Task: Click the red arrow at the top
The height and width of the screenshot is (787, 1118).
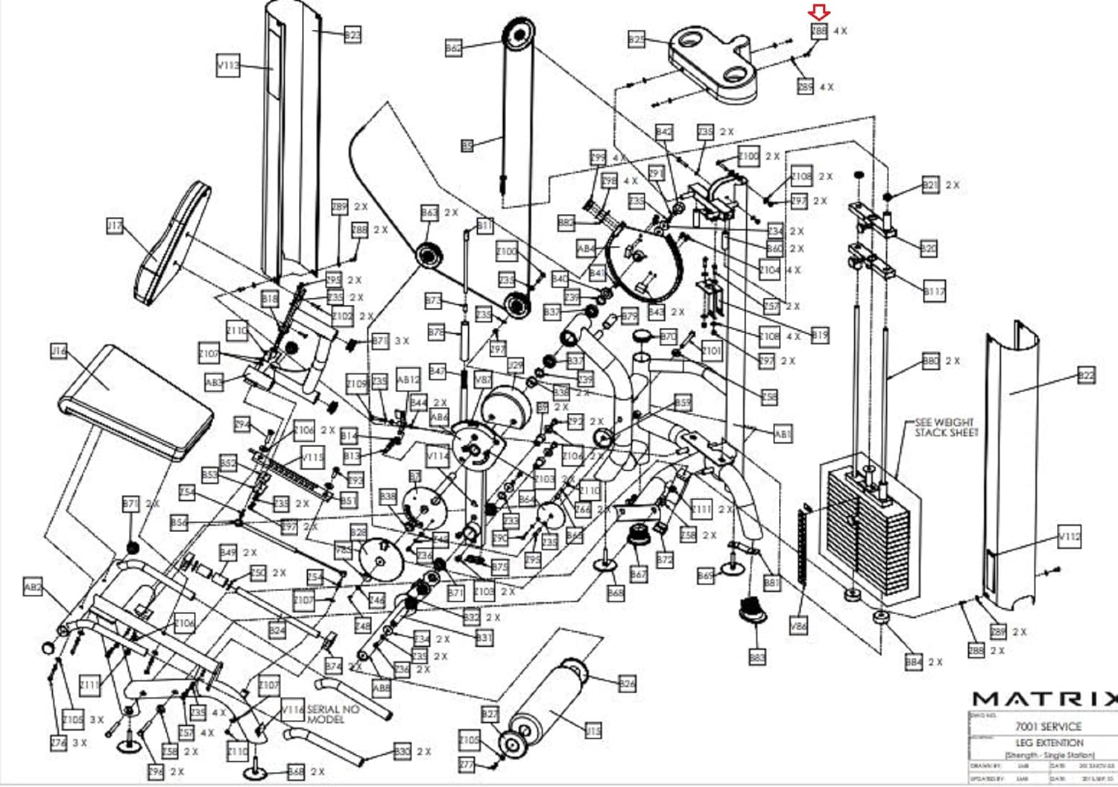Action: (x=819, y=11)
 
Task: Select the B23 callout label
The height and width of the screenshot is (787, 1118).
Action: (x=353, y=34)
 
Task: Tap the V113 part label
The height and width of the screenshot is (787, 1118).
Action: (x=228, y=66)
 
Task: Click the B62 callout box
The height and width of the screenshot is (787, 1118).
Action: (x=453, y=48)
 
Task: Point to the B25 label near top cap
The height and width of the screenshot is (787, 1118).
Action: (x=637, y=39)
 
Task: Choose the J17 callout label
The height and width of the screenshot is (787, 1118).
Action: (x=115, y=225)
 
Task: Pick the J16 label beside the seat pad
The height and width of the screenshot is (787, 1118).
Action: (x=59, y=350)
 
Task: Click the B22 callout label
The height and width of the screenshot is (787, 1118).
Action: (x=1086, y=376)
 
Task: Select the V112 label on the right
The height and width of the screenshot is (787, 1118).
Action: (x=1070, y=536)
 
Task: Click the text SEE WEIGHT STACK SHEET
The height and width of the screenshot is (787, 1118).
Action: (x=945, y=427)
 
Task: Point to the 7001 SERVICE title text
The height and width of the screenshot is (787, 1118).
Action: (x=1048, y=726)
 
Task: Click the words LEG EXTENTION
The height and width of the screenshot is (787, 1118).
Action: (x=1049, y=743)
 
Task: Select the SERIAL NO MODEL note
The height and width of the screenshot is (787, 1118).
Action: (x=332, y=714)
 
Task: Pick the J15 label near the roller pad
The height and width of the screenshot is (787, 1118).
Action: (x=593, y=731)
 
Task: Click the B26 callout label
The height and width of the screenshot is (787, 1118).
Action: (x=627, y=683)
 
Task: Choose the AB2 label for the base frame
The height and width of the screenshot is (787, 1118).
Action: (x=34, y=587)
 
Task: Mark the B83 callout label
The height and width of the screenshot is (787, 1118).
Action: (x=757, y=657)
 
